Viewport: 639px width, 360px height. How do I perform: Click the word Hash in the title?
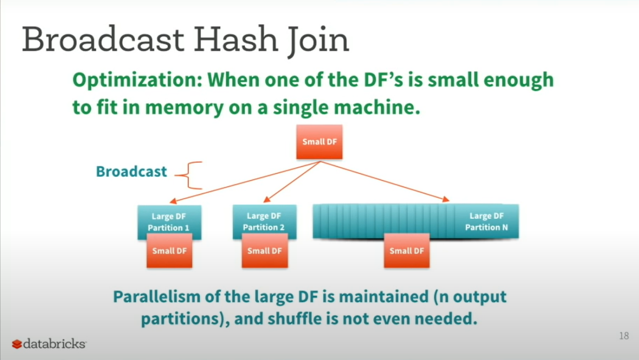point(236,39)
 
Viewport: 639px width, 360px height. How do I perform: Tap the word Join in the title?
point(318,42)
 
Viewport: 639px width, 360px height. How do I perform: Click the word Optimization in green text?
point(138,81)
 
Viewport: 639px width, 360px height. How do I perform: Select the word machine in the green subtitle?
point(377,107)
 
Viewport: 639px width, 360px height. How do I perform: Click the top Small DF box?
point(319,142)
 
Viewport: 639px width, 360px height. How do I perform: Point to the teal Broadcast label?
point(132,171)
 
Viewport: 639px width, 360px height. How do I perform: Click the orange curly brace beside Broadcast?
point(189,175)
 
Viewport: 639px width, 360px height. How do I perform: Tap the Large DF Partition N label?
point(486,221)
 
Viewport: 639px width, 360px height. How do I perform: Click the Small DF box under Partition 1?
point(169,251)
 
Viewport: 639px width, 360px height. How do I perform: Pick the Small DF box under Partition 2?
point(265,251)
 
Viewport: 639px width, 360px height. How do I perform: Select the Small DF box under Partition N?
point(407,251)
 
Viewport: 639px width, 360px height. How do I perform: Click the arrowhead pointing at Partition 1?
point(173,201)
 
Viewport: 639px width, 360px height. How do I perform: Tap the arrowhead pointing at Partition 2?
point(267,199)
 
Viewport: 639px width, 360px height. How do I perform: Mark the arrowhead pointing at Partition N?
point(445,199)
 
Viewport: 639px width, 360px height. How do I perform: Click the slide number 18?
point(624,336)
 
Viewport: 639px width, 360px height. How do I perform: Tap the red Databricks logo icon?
point(17,344)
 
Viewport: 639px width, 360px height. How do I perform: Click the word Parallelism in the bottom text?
point(157,297)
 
